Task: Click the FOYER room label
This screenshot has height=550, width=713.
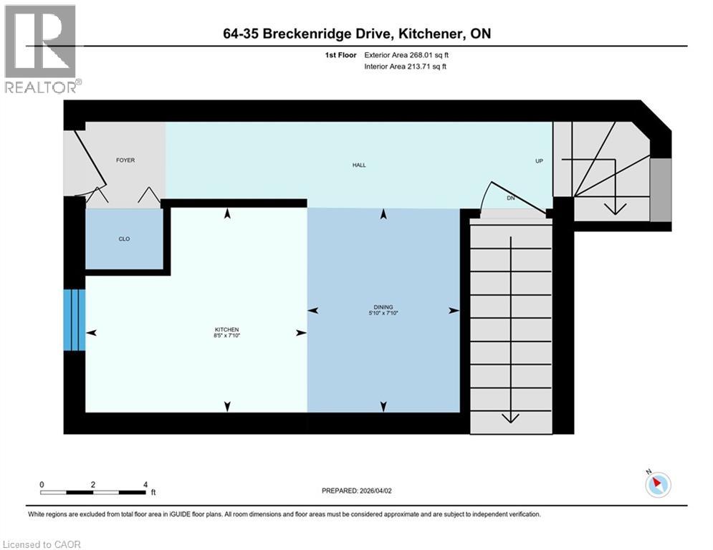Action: [125, 160]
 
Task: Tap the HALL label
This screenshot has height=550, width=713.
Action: [359, 165]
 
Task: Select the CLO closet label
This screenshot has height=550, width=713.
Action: [125, 238]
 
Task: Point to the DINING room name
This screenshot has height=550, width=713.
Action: [383, 307]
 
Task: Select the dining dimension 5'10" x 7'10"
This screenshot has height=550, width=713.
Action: [383, 313]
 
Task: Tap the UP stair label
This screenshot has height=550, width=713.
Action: [540, 161]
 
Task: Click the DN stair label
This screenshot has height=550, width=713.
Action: [510, 198]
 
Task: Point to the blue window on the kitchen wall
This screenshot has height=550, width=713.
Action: [74, 320]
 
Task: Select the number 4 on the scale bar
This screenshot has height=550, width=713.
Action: [145, 485]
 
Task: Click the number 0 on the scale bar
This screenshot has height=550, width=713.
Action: [42, 485]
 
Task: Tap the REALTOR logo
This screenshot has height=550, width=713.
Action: [42, 49]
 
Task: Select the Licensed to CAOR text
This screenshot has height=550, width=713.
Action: [42, 544]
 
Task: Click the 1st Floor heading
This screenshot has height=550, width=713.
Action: [341, 54]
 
